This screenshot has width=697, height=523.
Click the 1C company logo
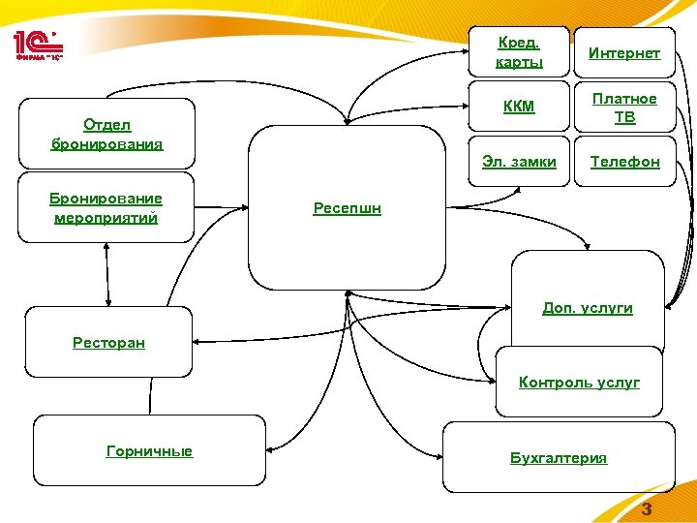coord(40,45)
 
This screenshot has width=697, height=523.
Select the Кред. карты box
coord(519,52)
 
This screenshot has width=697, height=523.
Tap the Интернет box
coord(625,52)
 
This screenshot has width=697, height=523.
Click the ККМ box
coord(519,107)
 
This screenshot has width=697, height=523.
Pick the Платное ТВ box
coord(625,108)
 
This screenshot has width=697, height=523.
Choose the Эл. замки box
coord(519,162)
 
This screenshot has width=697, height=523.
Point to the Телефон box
coord(625,162)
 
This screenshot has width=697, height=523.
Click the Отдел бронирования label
coord(107,135)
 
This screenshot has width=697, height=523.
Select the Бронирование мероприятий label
coord(106,208)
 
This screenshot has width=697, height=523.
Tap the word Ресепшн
coord(347,208)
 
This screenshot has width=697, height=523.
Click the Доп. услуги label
coord(587,308)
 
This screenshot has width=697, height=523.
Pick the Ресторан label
coord(108,342)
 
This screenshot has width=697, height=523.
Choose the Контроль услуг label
coord(579,383)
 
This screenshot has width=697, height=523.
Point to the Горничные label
coord(149,451)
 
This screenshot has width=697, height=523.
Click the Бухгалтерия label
coord(559,458)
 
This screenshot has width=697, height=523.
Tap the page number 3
coord(648,510)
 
